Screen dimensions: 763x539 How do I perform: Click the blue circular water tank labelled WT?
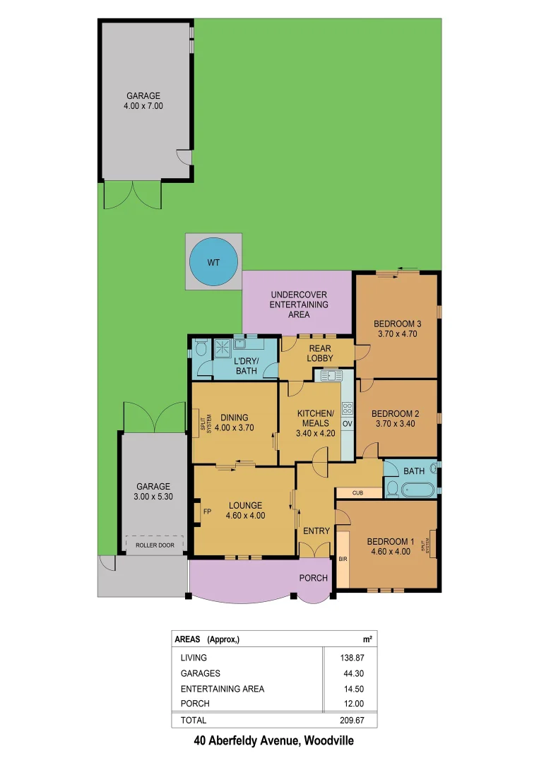click(213, 262)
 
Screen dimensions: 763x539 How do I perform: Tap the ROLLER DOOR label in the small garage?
click(154, 545)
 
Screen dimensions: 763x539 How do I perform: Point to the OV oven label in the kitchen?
click(347, 423)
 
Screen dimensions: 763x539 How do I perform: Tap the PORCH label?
click(313, 578)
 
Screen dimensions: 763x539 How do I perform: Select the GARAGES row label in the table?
click(201, 673)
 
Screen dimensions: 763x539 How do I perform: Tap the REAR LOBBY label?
click(320, 353)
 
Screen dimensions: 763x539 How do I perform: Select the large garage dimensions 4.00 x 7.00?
click(143, 106)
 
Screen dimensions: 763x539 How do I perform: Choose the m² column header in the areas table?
click(367, 639)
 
